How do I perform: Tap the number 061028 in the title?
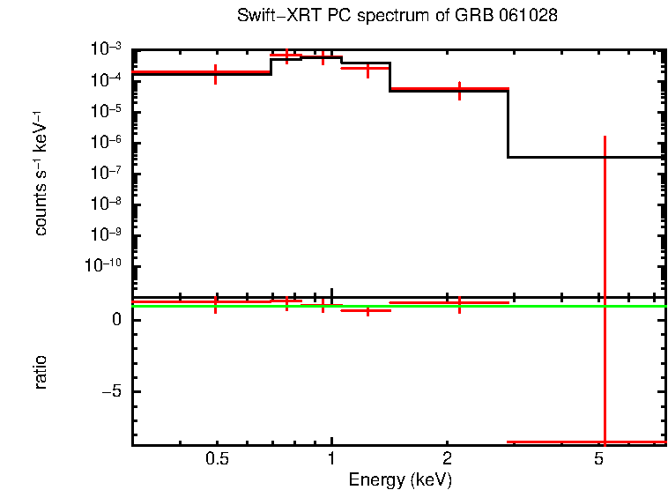(x=532, y=16)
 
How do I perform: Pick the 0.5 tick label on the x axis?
(x=217, y=459)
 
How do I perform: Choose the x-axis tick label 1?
(x=331, y=459)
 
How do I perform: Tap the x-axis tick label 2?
(x=447, y=459)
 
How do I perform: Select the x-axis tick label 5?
(x=598, y=459)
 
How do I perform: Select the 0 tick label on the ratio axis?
(x=118, y=320)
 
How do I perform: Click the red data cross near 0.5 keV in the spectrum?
(x=216, y=73)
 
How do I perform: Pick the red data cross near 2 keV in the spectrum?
(x=459, y=89)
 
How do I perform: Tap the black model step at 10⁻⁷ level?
(x=586, y=157)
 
